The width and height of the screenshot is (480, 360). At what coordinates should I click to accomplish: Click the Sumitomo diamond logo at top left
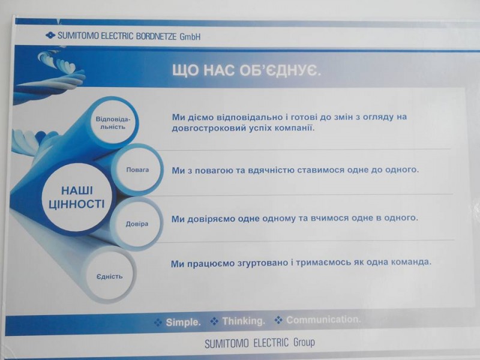tap(50, 35)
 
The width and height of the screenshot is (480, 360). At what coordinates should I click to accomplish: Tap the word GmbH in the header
tap(190, 37)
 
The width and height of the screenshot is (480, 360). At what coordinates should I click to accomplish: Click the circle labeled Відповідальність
tap(113, 122)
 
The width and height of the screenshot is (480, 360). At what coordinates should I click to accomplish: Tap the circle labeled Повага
tap(137, 170)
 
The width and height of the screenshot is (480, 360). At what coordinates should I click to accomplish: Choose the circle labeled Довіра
tap(137, 224)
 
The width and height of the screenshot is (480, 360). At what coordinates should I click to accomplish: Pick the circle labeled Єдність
tap(109, 277)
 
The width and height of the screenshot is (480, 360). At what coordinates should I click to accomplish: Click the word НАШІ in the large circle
tap(77, 191)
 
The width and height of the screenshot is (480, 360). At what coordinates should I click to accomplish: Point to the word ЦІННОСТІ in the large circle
tap(77, 204)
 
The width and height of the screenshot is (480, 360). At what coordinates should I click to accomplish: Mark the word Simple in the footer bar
tap(183, 322)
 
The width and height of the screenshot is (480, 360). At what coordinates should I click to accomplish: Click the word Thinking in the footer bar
tap(244, 321)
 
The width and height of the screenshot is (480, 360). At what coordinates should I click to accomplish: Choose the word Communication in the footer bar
tap(323, 320)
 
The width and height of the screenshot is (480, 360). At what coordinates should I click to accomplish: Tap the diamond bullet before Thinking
tap(214, 321)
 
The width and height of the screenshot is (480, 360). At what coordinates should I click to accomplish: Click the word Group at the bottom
tap(304, 342)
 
